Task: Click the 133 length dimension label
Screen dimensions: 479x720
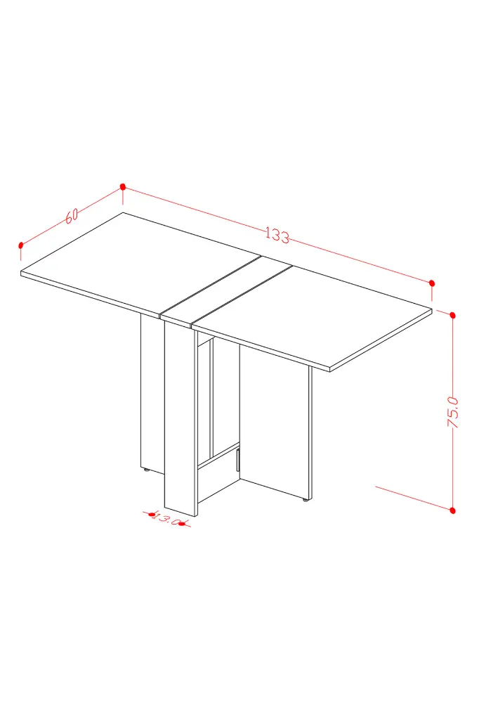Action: tap(277, 235)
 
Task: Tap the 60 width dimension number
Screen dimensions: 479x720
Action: tap(72, 215)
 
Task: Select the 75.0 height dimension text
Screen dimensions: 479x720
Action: tap(453, 412)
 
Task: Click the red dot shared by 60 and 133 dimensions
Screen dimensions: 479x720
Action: tap(122, 186)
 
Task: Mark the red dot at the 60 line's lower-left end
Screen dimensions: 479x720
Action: tap(20, 245)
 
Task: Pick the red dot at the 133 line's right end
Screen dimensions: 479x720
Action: tap(432, 283)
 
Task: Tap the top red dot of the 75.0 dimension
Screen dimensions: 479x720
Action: tap(453, 315)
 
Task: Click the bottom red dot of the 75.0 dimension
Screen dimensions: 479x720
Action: tap(453, 510)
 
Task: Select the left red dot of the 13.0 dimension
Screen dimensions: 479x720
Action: tap(152, 515)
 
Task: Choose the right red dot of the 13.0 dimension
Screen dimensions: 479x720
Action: tap(182, 523)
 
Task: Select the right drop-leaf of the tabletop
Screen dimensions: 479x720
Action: tap(312, 317)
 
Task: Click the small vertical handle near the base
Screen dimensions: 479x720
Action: tap(238, 461)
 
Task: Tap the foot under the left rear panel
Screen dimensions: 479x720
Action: tap(146, 469)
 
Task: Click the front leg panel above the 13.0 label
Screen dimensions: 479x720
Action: tap(181, 418)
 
